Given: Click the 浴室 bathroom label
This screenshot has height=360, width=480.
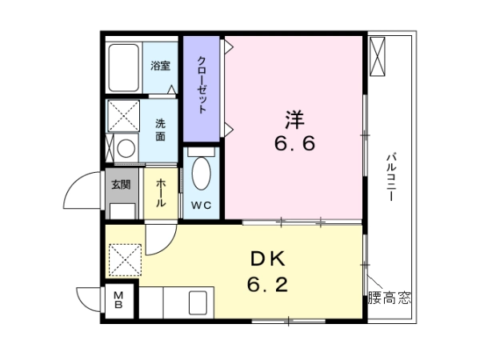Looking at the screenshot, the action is pyautogui.click(x=161, y=66).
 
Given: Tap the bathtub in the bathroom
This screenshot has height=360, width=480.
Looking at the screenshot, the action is pyautogui.click(x=124, y=68).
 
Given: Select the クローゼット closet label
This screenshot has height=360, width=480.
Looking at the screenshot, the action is pyautogui.click(x=202, y=85).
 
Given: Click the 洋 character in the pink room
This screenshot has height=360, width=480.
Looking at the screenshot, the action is pyautogui.click(x=294, y=119).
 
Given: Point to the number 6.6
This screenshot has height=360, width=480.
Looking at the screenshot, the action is pyautogui.click(x=294, y=143).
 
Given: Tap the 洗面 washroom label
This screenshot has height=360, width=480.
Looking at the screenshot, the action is pyautogui.click(x=161, y=130).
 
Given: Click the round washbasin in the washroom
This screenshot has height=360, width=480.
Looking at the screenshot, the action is pyautogui.click(x=126, y=149).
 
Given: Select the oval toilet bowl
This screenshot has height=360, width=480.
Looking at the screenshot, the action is pyautogui.click(x=201, y=174).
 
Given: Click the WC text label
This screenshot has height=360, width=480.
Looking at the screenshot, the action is pyautogui.click(x=201, y=205).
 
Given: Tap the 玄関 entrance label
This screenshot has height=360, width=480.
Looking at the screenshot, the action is pyautogui.click(x=121, y=184).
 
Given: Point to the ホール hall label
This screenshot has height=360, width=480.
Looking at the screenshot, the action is pyautogui.click(x=161, y=193).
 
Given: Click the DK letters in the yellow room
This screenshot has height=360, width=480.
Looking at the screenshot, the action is pyautogui.click(x=268, y=259).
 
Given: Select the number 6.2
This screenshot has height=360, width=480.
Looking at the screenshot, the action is pyautogui.click(x=267, y=284).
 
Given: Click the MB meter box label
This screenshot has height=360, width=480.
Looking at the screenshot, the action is pyautogui.click(x=118, y=300).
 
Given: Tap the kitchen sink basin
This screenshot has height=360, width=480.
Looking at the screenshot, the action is pyautogui.click(x=198, y=302).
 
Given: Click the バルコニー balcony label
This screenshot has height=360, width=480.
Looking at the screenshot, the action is pyautogui.click(x=391, y=177).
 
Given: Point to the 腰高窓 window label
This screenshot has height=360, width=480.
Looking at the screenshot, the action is pyautogui.click(x=389, y=298).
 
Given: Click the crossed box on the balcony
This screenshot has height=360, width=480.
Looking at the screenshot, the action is pyautogui.click(x=377, y=57).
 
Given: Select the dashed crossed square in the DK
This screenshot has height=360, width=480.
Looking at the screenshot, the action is pyautogui.click(x=126, y=260).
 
